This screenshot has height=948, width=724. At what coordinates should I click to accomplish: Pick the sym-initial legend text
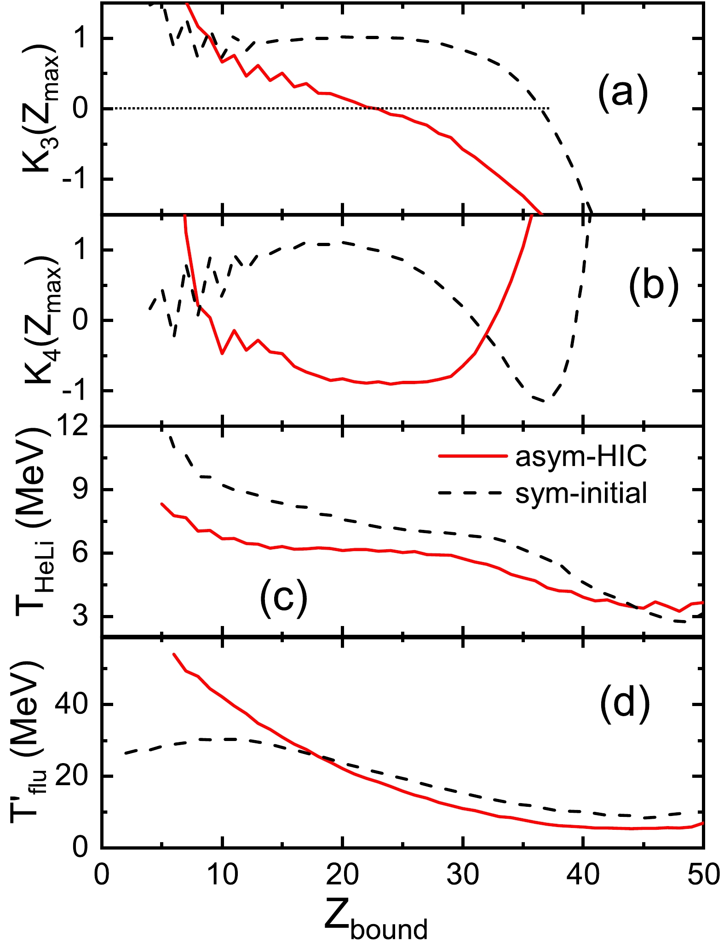point(581,493)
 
